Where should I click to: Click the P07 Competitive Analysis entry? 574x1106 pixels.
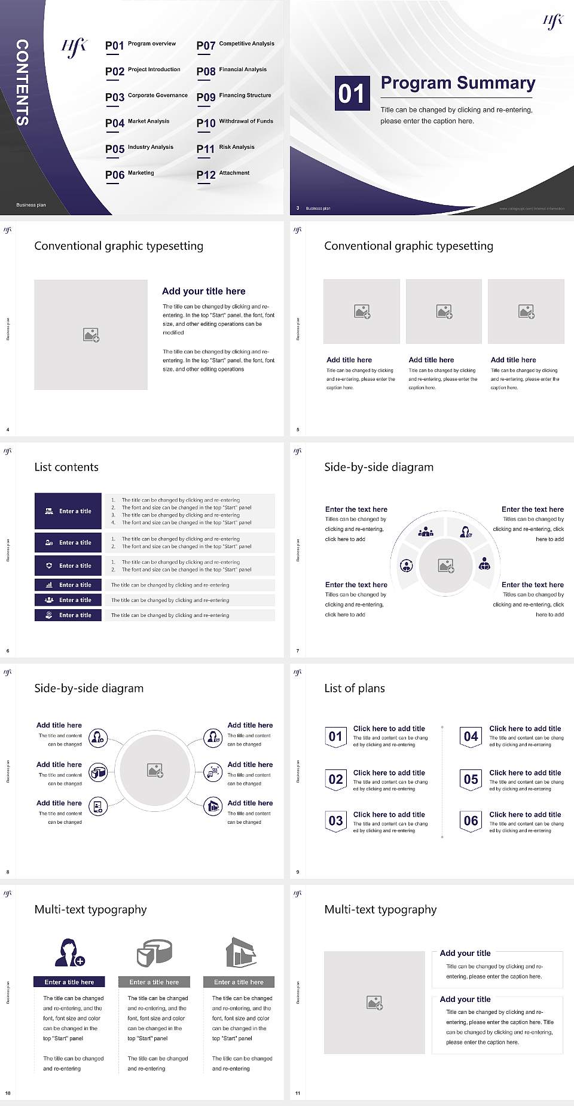point(236,45)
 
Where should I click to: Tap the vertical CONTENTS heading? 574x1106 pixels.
point(22,83)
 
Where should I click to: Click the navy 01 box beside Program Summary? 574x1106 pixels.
point(352,93)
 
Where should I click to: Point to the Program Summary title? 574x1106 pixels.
point(457,83)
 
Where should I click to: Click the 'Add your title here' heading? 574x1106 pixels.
point(203,291)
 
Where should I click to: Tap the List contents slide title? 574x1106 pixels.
point(66,467)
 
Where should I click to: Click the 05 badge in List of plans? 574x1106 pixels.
point(471,779)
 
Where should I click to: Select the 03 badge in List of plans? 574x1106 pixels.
point(336,821)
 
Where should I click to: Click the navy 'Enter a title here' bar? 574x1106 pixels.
point(69,982)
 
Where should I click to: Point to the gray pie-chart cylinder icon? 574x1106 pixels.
point(154,952)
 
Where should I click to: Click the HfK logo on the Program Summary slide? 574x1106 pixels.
point(552,22)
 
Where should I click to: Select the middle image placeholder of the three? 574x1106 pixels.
point(444,311)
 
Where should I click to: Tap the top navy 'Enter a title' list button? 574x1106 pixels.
point(68,511)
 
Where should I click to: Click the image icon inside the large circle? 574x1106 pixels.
point(155,771)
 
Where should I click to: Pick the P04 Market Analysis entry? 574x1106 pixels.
point(138,123)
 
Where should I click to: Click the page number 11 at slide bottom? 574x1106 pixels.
point(298,1093)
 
